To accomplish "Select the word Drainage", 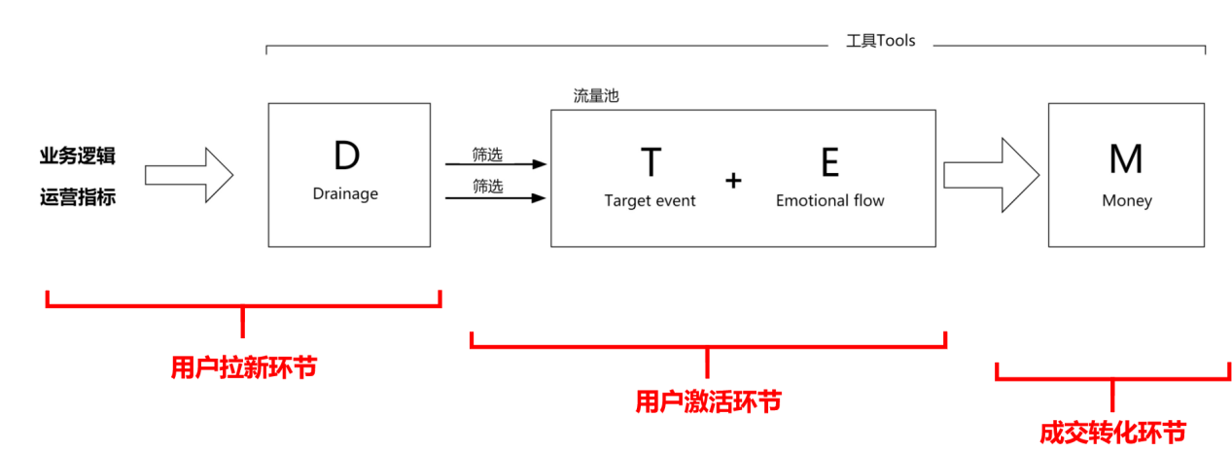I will point(345,193).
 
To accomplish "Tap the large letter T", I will point(651,162).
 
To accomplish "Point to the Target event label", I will point(650,201).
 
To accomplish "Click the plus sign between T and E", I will point(733,180).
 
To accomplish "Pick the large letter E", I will point(829,162).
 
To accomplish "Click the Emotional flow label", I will point(829,201).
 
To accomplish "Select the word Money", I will point(1126,201).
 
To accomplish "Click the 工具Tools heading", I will point(881,42).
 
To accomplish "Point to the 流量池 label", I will point(595,96).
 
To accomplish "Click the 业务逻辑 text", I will point(78,156).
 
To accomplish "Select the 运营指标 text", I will point(78,197).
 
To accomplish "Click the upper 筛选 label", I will point(487,154).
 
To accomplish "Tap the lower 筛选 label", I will point(487,187).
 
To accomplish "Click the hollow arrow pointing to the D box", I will point(190,175).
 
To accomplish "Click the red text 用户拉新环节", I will point(243,367).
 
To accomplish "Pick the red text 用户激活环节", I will point(708,400).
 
